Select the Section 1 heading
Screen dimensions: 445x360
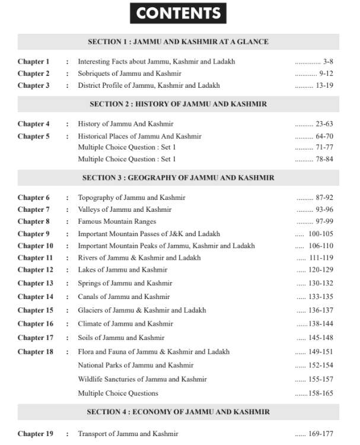(178, 42)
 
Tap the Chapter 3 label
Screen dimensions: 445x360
(33, 86)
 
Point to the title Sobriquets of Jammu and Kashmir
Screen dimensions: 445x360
(129, 74)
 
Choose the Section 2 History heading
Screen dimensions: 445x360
(178, 104)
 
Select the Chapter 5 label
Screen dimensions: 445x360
(33, 136)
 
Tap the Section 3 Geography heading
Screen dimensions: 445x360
(178, 178)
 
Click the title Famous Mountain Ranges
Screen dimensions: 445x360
(116, 221)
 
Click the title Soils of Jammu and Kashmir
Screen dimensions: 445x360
(121, 338)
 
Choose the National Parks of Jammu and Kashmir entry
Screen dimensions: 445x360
(135, 365)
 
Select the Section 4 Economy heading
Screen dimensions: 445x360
(178, 412)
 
